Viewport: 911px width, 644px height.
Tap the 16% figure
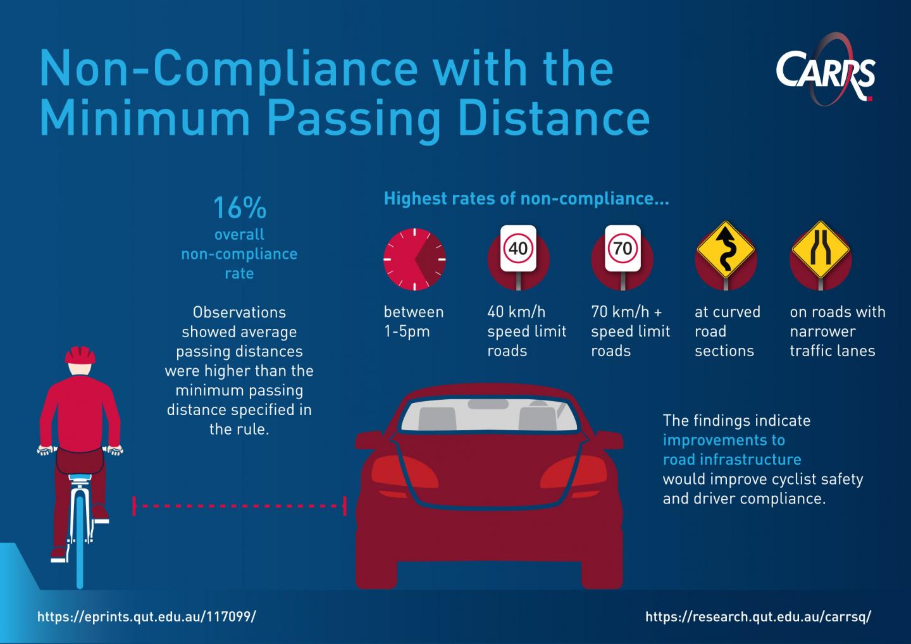240,207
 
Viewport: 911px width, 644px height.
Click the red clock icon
414,259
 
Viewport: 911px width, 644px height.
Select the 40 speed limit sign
518,249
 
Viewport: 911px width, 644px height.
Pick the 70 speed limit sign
623,249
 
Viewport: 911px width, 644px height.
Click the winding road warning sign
726,249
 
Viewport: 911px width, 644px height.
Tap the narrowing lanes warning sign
821,249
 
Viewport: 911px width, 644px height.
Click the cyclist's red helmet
80,354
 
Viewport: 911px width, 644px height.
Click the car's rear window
489,415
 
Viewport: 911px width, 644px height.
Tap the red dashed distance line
239,506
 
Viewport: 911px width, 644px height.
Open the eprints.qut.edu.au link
147,617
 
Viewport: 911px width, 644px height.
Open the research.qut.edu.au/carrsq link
759,617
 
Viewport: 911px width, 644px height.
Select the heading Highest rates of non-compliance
526,199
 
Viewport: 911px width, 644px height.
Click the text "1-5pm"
407,331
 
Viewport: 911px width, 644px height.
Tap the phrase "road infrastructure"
732,459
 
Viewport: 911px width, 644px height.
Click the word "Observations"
239,313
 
